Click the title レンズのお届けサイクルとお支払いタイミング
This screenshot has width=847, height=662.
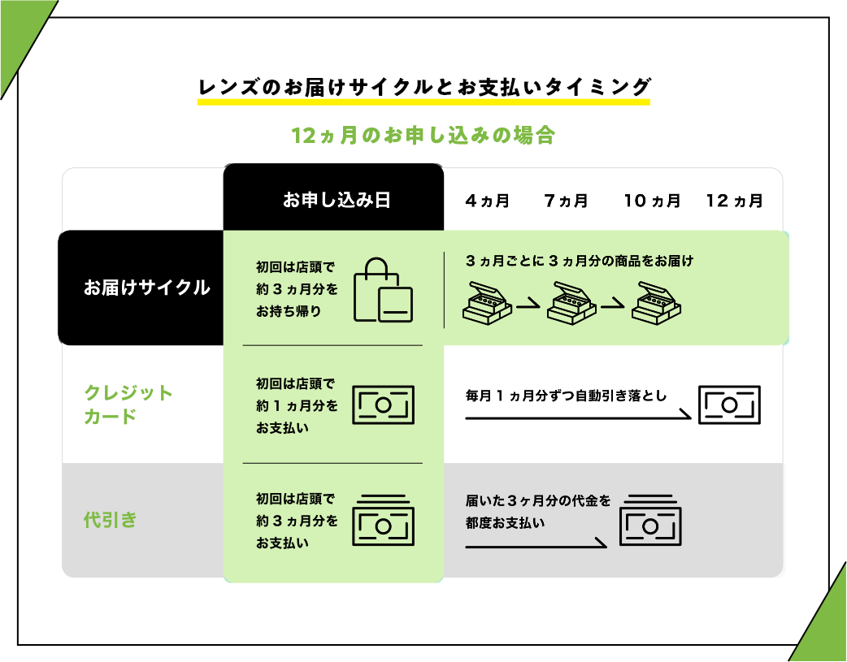click(x=423, y=87)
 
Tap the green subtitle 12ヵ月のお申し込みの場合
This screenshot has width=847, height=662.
click(x=423, y=136)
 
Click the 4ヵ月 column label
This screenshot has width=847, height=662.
click(x=487, y=201)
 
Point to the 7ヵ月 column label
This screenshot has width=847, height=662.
click(x=566, y=201)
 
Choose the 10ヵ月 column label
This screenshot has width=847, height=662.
click(x=652, y=201)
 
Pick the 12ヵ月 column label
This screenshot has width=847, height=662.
click(x=735, y=201)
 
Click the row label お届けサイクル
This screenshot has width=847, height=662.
click(x=146, y=288)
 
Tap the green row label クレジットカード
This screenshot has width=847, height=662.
click(x=128, y=405)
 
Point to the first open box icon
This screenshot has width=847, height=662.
click(x=487, y=301)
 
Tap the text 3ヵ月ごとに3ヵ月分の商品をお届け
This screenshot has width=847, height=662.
click(x=579, y=262)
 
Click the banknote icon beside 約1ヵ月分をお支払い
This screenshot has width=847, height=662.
click(x=383, y=405)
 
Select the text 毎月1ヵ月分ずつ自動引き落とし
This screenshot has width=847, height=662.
click(x=566, y=396)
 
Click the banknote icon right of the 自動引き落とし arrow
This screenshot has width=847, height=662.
click(x=729, y=405)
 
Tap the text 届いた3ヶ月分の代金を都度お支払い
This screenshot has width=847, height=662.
click(x=537, y=512)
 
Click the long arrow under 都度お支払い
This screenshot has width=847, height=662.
click(x=536, y=544)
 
